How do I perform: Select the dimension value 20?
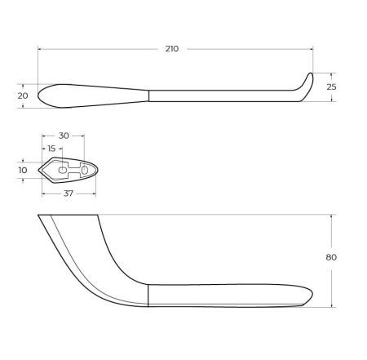click(22, 96)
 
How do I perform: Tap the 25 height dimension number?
click(330, 87)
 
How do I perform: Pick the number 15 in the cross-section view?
click(52, 149)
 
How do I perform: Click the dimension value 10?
click(22, 170)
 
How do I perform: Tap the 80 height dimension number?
click(330, 257)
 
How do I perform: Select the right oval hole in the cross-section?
click(84, 169)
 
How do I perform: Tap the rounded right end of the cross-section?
click(95, 170)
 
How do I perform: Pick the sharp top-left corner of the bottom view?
click(39, 216)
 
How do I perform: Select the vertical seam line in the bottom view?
click(148, 296)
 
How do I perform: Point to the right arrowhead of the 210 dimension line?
click(311, 49)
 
